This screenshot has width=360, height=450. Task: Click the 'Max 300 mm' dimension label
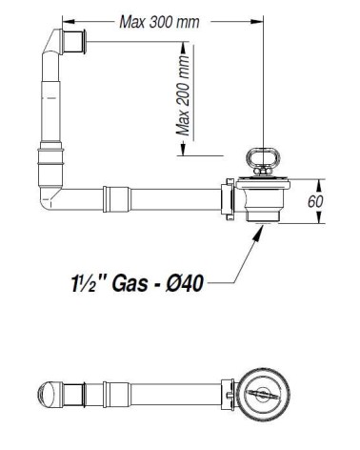pos(159,22)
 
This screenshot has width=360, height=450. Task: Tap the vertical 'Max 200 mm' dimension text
pos(183,95)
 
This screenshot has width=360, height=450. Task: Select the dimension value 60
pos(315,201)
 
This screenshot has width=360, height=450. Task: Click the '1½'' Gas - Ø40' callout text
pos(137,283)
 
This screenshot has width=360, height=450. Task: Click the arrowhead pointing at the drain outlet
pos(259,232)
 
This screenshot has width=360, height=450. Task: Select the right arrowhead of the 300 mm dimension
pos(257,21)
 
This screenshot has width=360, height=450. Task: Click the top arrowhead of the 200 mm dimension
pos(183,49)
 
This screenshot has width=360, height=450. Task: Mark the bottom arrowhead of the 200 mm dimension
pos(183,150)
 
